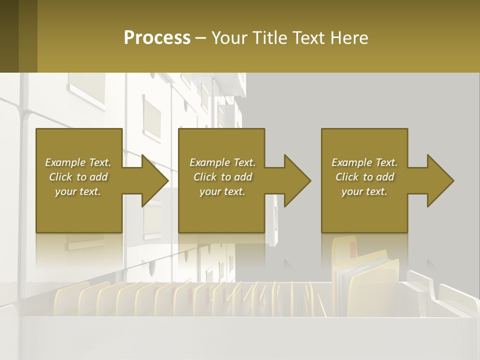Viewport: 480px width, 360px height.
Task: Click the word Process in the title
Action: click(157, 38)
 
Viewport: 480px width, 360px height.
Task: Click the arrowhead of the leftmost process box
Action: click(155, 180)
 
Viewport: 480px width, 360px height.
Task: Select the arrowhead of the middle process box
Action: click(297, 180)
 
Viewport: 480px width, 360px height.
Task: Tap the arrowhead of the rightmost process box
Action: click(440, 180)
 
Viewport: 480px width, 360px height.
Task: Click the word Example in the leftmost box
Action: click(65, 162)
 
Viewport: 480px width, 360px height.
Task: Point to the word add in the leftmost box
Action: click(98, 177)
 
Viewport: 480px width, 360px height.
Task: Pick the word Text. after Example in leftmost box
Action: click(100, 162)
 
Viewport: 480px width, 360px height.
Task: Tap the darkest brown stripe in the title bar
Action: click(9, 36)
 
